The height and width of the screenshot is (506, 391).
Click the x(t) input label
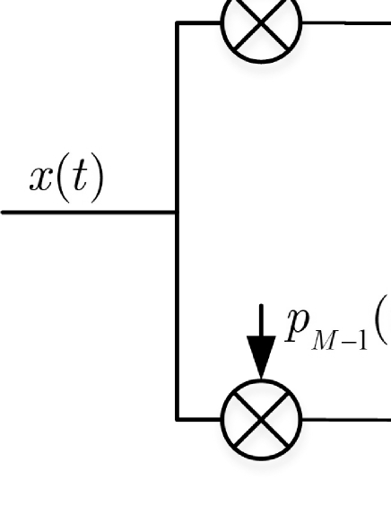pyautogui.click(x=66, y=179)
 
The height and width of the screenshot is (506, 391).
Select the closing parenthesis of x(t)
pyautogui.click(x=98, y=180)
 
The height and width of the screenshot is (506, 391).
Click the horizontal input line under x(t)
pyautogui.click(x=89, y=213)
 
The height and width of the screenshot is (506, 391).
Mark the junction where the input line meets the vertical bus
pyautogui.click(x=177, y=213)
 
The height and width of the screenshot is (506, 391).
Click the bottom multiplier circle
pyautogui.click(x=261, y=420)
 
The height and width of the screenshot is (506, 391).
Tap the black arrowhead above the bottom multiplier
pyautogui.click(x=261, y=356)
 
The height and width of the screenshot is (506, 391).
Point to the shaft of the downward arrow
pyautogui.click(x=261, y=320)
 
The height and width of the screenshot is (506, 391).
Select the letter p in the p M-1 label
pyautogui.click(x=298, y=327)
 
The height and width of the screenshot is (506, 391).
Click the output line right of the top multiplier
pyautogui.click(x=346, y=23)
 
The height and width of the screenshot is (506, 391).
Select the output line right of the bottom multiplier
pyautogui.click(x=346, y=420)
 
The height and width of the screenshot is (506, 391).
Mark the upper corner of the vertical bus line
pyautogui.click(x=177, y=23)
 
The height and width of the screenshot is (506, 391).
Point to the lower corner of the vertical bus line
pyautogui.click(x=177, y=420)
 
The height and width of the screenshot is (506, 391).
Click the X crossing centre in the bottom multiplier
pyautogui.click(x=261, y=420)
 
